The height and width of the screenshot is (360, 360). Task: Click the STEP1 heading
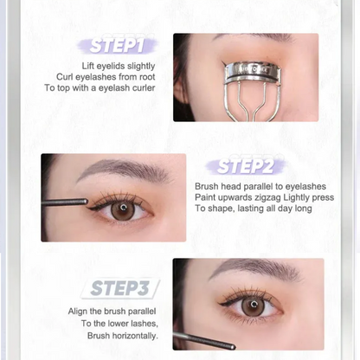click(117, 46)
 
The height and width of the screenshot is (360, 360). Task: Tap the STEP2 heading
click(245, 166)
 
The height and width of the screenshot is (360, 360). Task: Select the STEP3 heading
click(119, 288)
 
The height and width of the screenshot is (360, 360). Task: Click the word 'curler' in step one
click(144, 87)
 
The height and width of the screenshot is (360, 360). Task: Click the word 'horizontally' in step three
click(135, 336)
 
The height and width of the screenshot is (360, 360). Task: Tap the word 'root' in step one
click(147, 77)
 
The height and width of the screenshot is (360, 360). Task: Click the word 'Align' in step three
click(78, 312)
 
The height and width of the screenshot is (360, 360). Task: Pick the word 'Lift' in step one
click(87, 66)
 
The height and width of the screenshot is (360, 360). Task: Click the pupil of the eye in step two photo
click(124, 207)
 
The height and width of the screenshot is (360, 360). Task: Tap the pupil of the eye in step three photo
click(254, 305)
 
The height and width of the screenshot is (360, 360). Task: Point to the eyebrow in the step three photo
click(257, 269)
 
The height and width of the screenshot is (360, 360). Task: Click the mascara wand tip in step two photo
click(86, 201)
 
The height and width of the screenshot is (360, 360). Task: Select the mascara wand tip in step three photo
click(233, 347)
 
